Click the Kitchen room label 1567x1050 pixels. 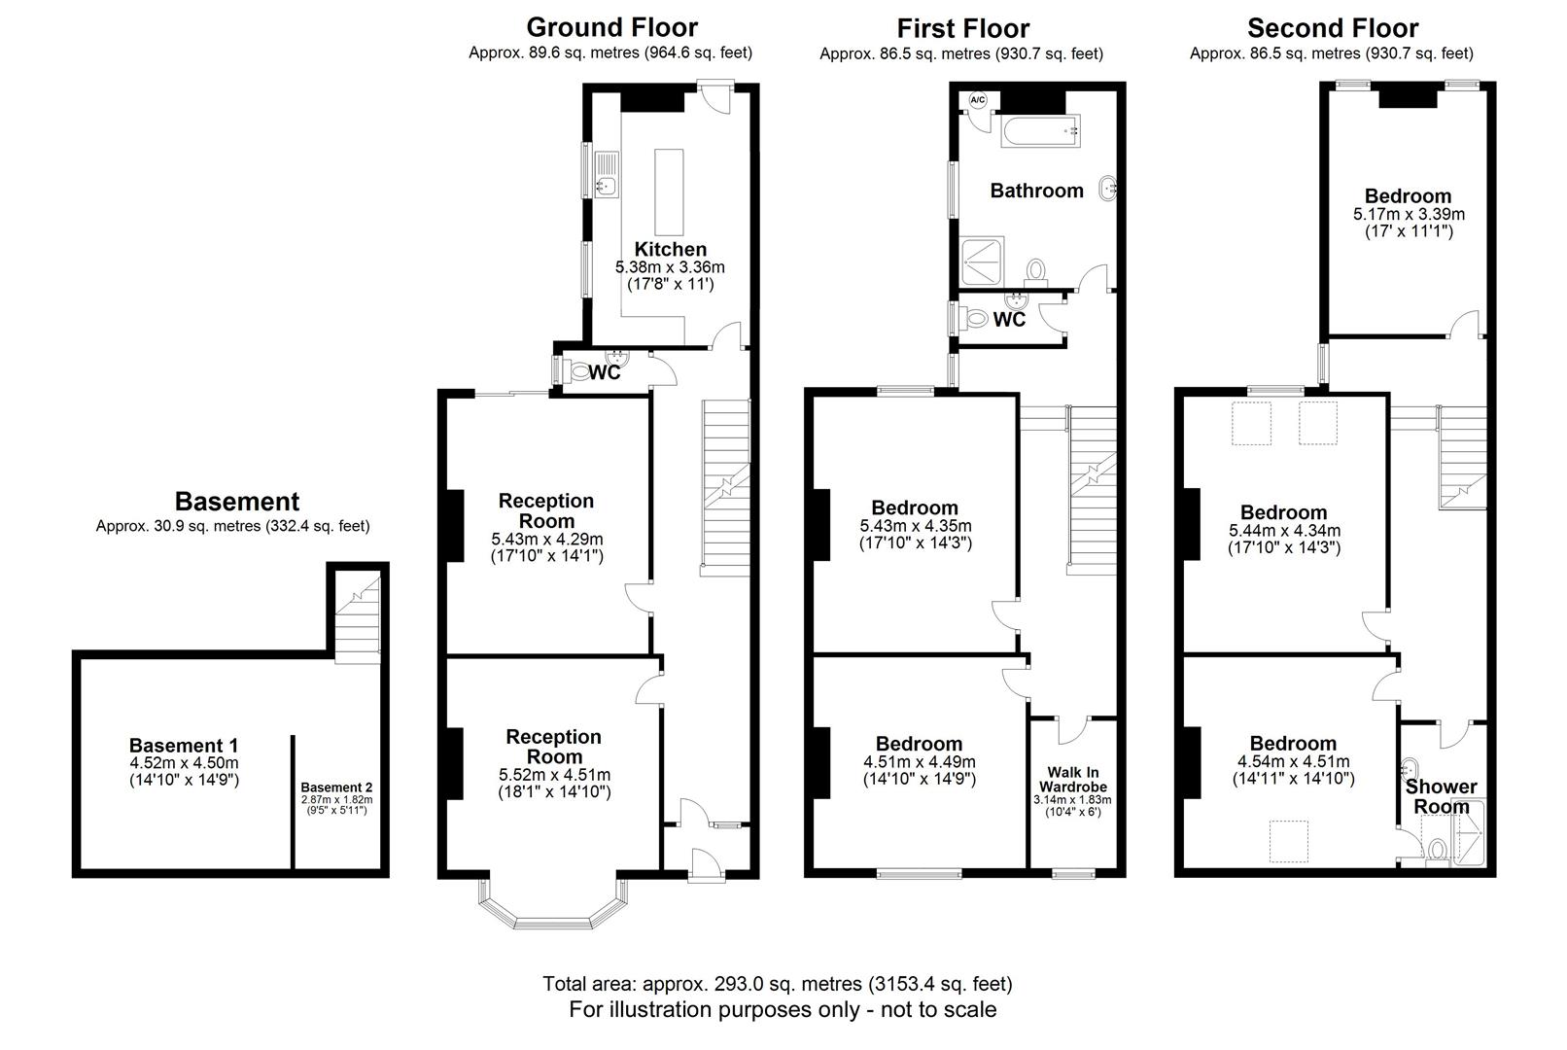670,249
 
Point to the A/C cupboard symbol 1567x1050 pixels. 977,100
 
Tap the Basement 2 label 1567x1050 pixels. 335,787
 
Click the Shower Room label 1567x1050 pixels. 1441,796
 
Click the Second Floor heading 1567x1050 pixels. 1332,28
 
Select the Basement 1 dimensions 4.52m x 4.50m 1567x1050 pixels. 184,763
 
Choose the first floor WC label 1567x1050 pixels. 1010,320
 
